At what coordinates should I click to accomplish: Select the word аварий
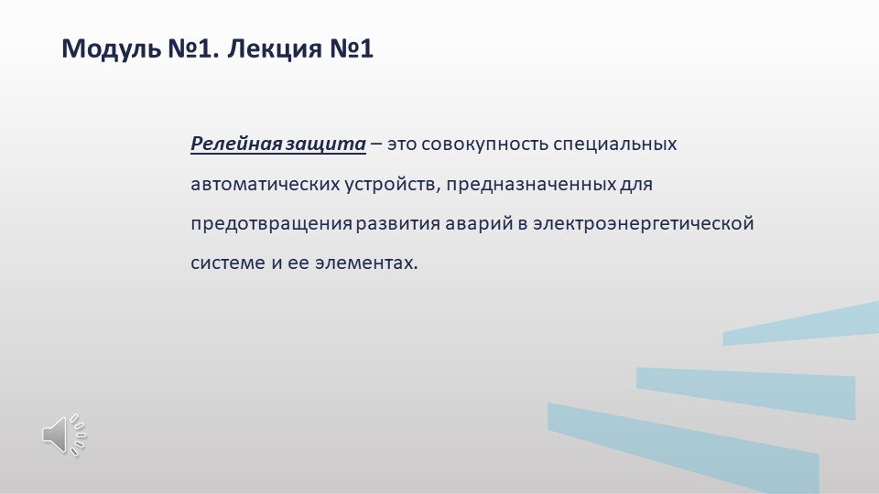click(x=474, y=223)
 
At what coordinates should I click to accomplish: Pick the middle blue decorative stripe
click(x=746, y=388)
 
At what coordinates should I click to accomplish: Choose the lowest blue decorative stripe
click(x=682, y=444)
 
